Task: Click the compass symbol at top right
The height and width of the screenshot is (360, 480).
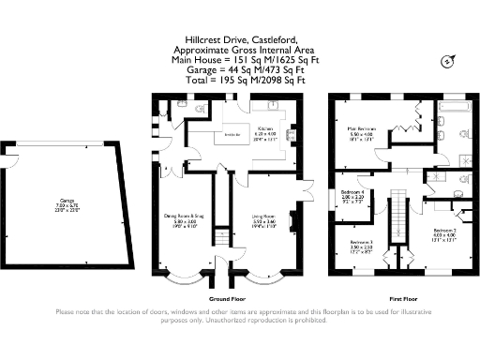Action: click(x=446, y=62)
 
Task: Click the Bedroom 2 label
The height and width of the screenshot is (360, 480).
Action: click(x=443, y=229)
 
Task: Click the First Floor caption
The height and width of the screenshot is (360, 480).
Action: click(x=402, y=300)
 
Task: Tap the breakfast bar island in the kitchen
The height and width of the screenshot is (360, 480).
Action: click(x=231, y=135)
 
